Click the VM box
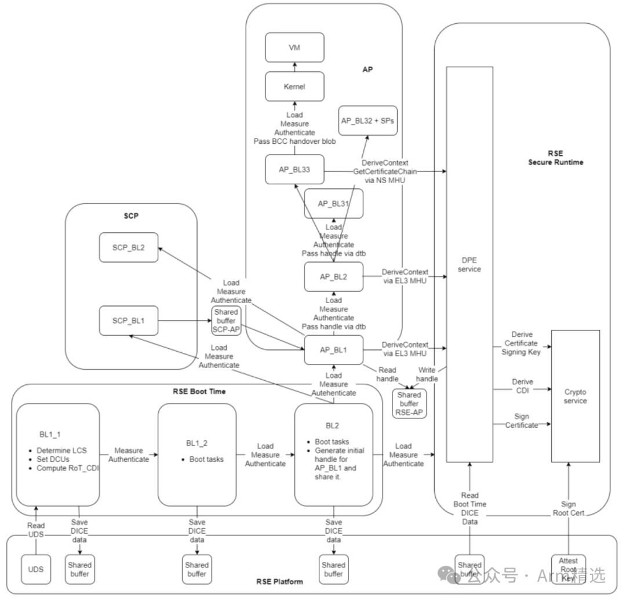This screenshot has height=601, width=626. [294, 48]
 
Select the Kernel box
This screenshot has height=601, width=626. [294, 86]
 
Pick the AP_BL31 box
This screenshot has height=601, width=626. [333, 203]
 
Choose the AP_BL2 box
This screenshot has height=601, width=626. [333, 276]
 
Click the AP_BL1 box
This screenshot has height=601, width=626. [333, 350]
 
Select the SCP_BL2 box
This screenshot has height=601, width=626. [128, 247]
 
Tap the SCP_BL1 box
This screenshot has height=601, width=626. [128, 320]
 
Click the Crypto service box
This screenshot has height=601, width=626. [575, 396]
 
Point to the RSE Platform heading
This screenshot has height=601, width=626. [279, 581]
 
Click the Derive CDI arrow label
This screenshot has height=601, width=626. [522, 386]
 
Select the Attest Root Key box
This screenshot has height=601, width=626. [568, 569]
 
